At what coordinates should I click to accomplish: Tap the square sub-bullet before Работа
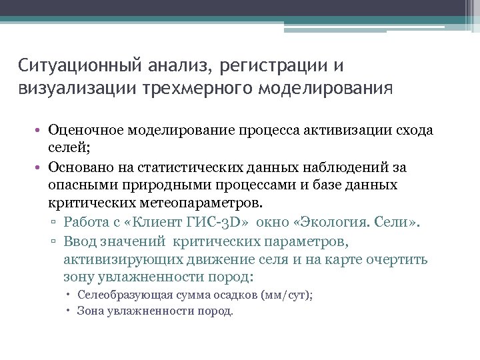(56, 223)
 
